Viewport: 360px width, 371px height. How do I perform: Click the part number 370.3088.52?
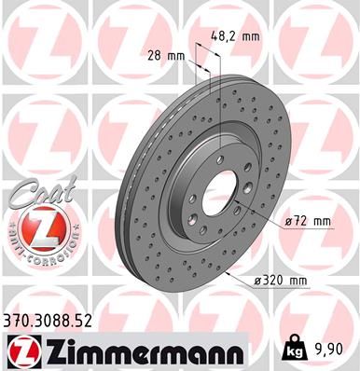click(62, 320)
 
